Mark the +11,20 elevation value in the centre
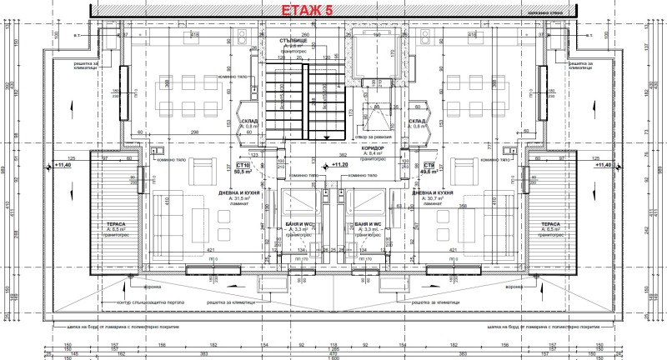point(339,165)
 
